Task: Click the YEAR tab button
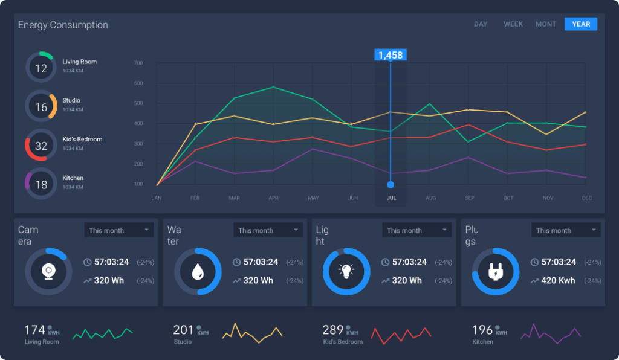point(580,24)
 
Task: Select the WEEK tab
point(513,24)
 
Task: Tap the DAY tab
point(481,24)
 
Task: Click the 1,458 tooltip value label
point(390,55)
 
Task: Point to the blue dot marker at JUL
point(391,184)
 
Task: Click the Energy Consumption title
point(63,25)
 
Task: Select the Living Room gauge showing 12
point(41,68)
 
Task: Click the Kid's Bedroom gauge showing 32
point(41,146)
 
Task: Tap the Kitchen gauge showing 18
point(41,184)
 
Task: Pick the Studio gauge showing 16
point(41,107)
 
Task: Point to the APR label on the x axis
point(273,198)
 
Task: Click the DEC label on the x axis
point(586,198)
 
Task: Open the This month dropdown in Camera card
point(118,230)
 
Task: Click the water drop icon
point(198,272)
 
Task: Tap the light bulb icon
point(346,272)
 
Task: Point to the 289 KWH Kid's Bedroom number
point(332,330)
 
